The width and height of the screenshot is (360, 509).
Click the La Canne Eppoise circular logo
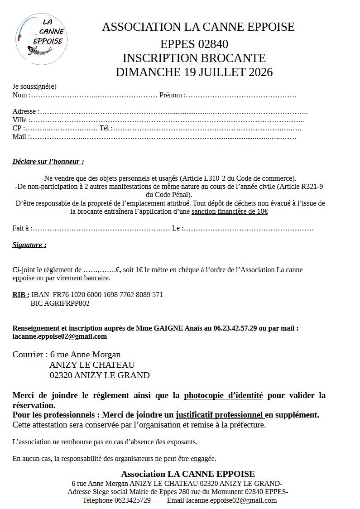tap(41, 39)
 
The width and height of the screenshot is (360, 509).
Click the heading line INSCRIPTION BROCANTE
tap(194, 58)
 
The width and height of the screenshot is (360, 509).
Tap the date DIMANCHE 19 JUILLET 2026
tap(194, 72)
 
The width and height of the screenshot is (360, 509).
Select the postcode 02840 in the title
tap(213, 44)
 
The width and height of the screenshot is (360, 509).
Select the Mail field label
tap(20, 136)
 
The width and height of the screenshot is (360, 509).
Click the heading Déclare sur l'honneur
tap(48, 161)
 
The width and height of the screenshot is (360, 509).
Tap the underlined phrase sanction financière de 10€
tap(229, 211)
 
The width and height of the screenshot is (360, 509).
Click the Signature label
tap(29, 245)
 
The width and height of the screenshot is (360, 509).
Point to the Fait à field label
tap(21, 228)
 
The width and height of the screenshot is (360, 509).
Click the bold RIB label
tap(20, 294)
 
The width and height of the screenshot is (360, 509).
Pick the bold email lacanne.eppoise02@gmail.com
tap(59, 336)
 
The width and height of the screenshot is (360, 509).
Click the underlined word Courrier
tap(30, 354)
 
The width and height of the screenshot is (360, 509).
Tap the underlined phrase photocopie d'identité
tap(223, 395)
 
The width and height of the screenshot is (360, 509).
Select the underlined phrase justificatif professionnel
tap(219, 414)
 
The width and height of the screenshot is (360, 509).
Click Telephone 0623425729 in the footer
tap(117, 500)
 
